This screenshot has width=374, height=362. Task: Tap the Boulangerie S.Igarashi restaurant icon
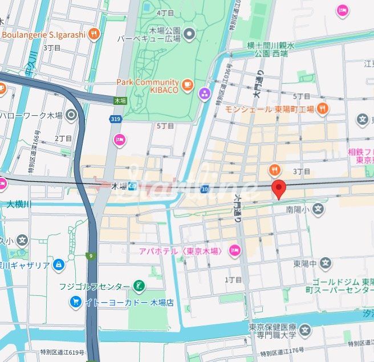(94, 34)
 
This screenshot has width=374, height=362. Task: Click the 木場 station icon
(132, 186)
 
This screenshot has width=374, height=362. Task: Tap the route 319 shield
(115, 119)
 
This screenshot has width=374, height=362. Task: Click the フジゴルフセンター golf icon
(139, 285)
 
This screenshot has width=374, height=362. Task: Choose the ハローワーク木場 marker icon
(71, 116)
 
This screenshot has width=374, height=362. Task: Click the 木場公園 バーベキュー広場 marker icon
(189, 34)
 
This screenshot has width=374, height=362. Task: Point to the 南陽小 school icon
(318, 210)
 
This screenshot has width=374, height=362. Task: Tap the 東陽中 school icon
(325, 263)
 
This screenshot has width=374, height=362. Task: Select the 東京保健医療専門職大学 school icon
(305, 330)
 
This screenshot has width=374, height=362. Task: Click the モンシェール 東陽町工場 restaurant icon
(322, 108)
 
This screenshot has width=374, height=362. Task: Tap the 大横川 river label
(21, 204)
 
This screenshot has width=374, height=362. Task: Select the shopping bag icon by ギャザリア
(58, 265)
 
